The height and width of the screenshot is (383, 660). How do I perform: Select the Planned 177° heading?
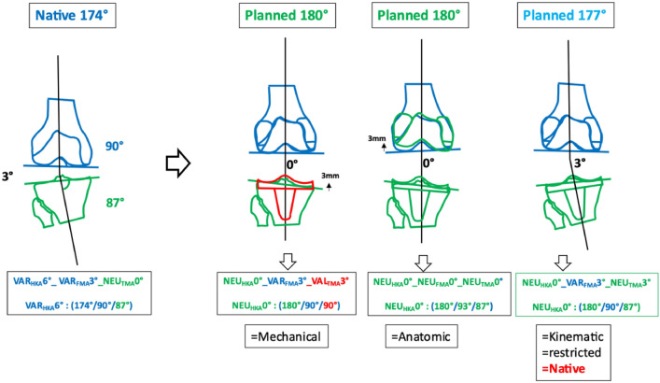(x=588, y=16)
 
